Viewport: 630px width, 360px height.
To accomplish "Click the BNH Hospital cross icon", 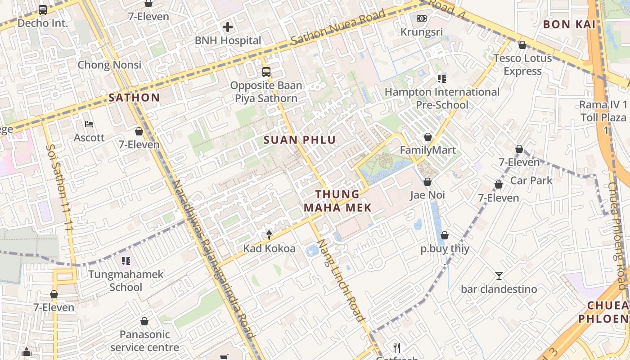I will [x=228, y=27].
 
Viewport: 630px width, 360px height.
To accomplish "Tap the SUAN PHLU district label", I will [x=300, y=140].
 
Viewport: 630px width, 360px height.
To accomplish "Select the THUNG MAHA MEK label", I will [x=337, y=201].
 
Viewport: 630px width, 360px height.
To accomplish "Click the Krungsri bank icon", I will [x=421, y=18].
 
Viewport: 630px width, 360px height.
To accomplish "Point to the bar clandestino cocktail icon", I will [x=499, y=276].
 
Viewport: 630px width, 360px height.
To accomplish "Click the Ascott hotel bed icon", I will [x=89, y=124].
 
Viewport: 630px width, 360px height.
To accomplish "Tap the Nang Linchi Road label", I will [x=341, y=280].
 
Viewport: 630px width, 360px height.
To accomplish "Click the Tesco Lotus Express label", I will [x=522, y=64].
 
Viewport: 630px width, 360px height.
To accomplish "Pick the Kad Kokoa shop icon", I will [x=269, y=235].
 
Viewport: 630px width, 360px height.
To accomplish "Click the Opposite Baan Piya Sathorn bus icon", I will [x=266, y=72].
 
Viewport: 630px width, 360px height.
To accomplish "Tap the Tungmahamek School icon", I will [x=126, y=261].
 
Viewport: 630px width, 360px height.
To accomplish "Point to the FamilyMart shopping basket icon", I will [x=427, y=137].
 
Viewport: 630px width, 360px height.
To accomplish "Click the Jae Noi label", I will [x=427, y=195].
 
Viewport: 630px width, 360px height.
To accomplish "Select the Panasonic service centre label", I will [x=144, y=341].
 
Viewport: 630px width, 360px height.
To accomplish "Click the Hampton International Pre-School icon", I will [x=441, y=79].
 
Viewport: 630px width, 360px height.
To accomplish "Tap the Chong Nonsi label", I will [x=109, y=65].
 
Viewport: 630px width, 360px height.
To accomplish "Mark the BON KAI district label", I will [x=569, y=24].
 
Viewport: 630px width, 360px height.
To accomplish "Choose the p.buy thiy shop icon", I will [x=445, y=235].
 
